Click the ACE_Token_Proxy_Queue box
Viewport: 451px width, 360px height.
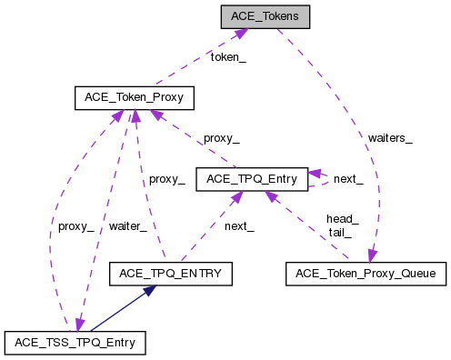tap(366, 272)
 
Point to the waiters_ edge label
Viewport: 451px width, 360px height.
tap(390, 138)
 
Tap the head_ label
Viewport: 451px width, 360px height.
tap(342, 218)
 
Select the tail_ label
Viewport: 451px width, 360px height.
tap(339, 232)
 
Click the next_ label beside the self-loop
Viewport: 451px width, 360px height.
tap(348, 179)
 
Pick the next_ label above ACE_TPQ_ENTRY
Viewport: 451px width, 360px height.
tap(239, 226)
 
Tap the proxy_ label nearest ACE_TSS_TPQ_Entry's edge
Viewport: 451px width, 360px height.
tap(75, 226)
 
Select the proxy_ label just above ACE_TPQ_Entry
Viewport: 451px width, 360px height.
tap(222, 138)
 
